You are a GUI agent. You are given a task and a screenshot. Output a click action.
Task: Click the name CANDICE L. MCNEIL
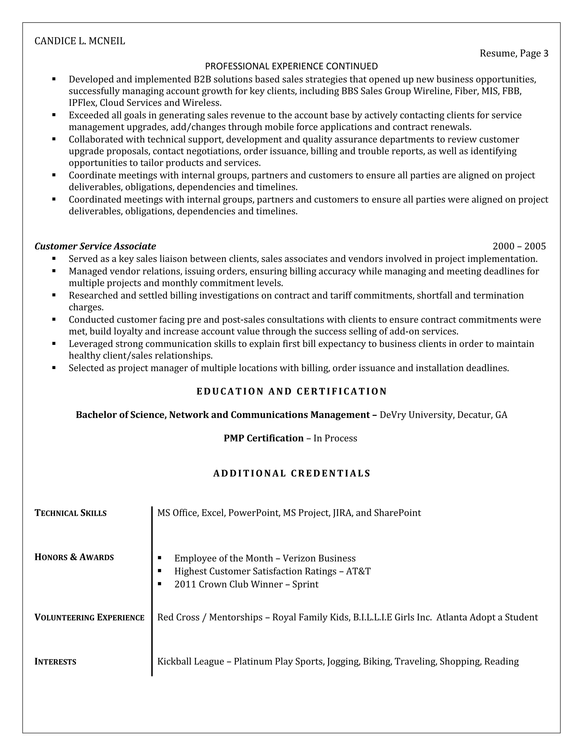coord(80,41)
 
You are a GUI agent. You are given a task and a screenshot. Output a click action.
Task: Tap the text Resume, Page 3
coord(514,53)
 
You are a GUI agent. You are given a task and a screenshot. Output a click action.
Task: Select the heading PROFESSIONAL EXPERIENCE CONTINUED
coord(291,66)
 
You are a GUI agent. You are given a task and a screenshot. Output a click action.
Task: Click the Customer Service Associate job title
coord(95,246)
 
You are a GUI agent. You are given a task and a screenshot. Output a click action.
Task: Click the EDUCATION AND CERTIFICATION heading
coord(291,391)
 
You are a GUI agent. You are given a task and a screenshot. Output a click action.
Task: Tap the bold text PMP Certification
coord(264,438)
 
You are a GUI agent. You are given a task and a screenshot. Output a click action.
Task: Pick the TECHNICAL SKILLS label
coord(71,513)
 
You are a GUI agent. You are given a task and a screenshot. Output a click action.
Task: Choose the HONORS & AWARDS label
coord(74,557)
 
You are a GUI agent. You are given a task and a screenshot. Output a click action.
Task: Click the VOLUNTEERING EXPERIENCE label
coord(89,617)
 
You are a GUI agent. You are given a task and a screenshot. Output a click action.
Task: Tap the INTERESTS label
coord(55,662)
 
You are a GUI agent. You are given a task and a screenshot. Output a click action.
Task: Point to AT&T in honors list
coord(358,571)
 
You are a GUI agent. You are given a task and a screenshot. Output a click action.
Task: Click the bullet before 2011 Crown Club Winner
coord(160,584)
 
